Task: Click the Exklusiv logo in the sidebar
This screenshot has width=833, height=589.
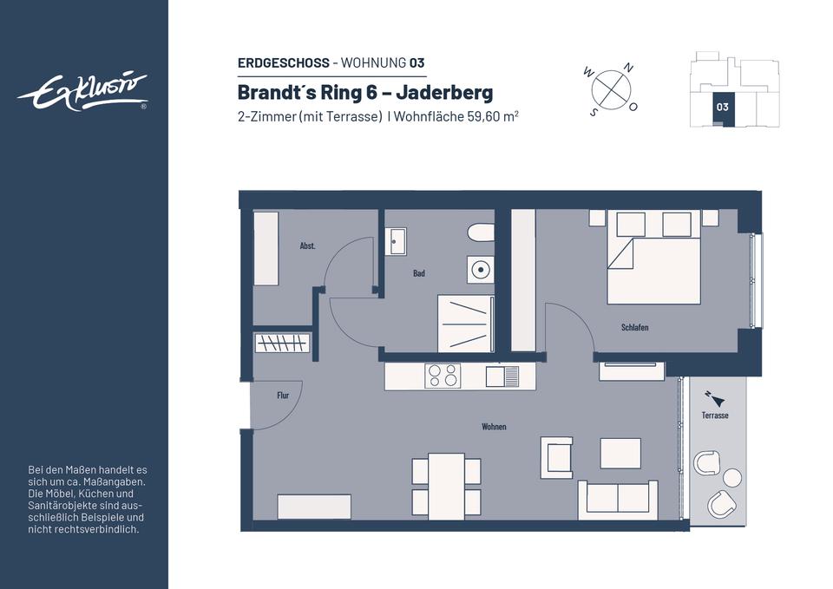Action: pyautogui.click(x=82, y=93)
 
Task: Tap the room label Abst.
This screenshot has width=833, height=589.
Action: pyautogui.click(x=307, y=245)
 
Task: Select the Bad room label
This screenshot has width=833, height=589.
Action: pyautogui.click(x=419, y=273)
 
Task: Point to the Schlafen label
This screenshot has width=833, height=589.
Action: pyautogui.click(x=635, y=328)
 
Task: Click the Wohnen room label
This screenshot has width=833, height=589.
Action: pyautogui.click(x=494, y=427)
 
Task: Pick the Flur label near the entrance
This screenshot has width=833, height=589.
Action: pyautogui.click(x=283, y=396)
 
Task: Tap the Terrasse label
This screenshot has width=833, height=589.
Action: pyautogui.click(x=715, y=416)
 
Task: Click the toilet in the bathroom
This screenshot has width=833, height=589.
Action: pyautogui.click(x=481, y=232)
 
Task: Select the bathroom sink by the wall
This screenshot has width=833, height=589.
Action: pyautogui.click(x=396, y=242)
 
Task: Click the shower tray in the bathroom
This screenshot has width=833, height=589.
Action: pyautogui.click(x=465, y=324)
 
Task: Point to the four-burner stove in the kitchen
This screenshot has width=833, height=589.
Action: pyautogui.click(x=443, y=376)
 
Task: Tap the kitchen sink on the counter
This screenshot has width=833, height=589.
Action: pyautogui.click(x=502, y=376)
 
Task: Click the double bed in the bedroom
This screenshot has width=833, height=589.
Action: pyautogui.click(x=654, y=258)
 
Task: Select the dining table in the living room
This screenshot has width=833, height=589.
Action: pyautogui.click(x=446, y=486)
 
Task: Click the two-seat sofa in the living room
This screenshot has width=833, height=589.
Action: pyautogui.click(x=618, y=500)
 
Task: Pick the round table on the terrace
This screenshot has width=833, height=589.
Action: pyautogui.click(x=732, y=477)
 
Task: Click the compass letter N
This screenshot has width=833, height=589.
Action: pyautogui.click(x=628, y=68)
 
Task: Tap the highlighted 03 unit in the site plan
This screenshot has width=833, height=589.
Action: pyautogui.click(x=722, y=108)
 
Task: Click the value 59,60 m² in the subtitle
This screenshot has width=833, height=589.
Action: pyautogui.click(x=493, y=116)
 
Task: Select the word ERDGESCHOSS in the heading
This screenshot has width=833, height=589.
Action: pyautogui.click(x=284, y=63)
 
